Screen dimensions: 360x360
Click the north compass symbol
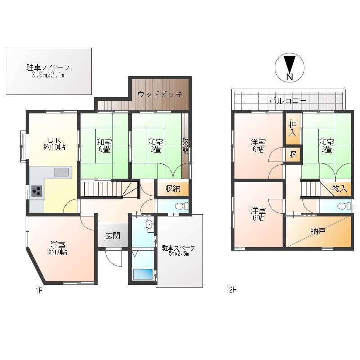point(289,67)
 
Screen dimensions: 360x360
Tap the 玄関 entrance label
point(113,235)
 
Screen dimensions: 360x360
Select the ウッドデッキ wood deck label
point(160,94)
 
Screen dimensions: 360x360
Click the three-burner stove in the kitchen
point(37,191)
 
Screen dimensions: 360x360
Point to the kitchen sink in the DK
point(61,172)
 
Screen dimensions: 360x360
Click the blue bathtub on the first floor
point(143,274)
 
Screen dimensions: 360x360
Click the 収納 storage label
point(173,189)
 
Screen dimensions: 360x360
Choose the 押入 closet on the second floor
point(293,129)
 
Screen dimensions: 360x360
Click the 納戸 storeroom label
point(318,231)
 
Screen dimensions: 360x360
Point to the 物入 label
point(340,189)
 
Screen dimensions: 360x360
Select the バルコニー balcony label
point(288,100)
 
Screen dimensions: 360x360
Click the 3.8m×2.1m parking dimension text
point(49,75)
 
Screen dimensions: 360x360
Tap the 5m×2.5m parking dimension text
point(179,254)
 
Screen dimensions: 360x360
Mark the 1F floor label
point(39,290)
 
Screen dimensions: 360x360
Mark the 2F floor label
point(233,290)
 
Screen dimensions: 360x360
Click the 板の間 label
point(185,145)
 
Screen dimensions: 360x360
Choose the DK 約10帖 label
point(54,144)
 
